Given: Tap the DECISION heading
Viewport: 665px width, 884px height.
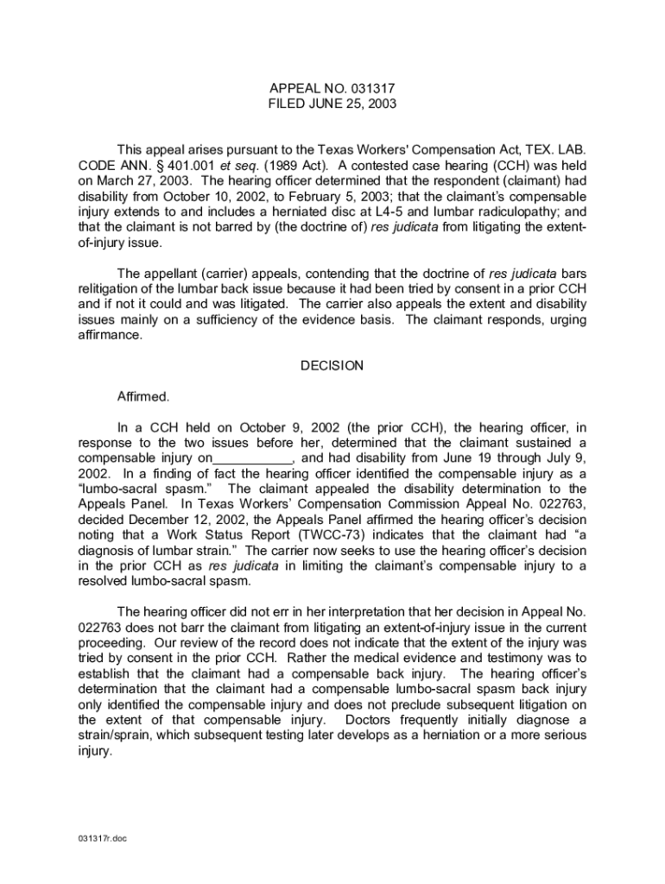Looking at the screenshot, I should (x=332, y=366).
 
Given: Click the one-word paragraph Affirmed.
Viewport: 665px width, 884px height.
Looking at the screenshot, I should (x=143, y=397).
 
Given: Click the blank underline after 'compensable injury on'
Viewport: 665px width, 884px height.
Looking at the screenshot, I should (x=253, y=458).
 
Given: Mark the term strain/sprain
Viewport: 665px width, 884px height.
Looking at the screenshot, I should (x=115, y=736).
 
